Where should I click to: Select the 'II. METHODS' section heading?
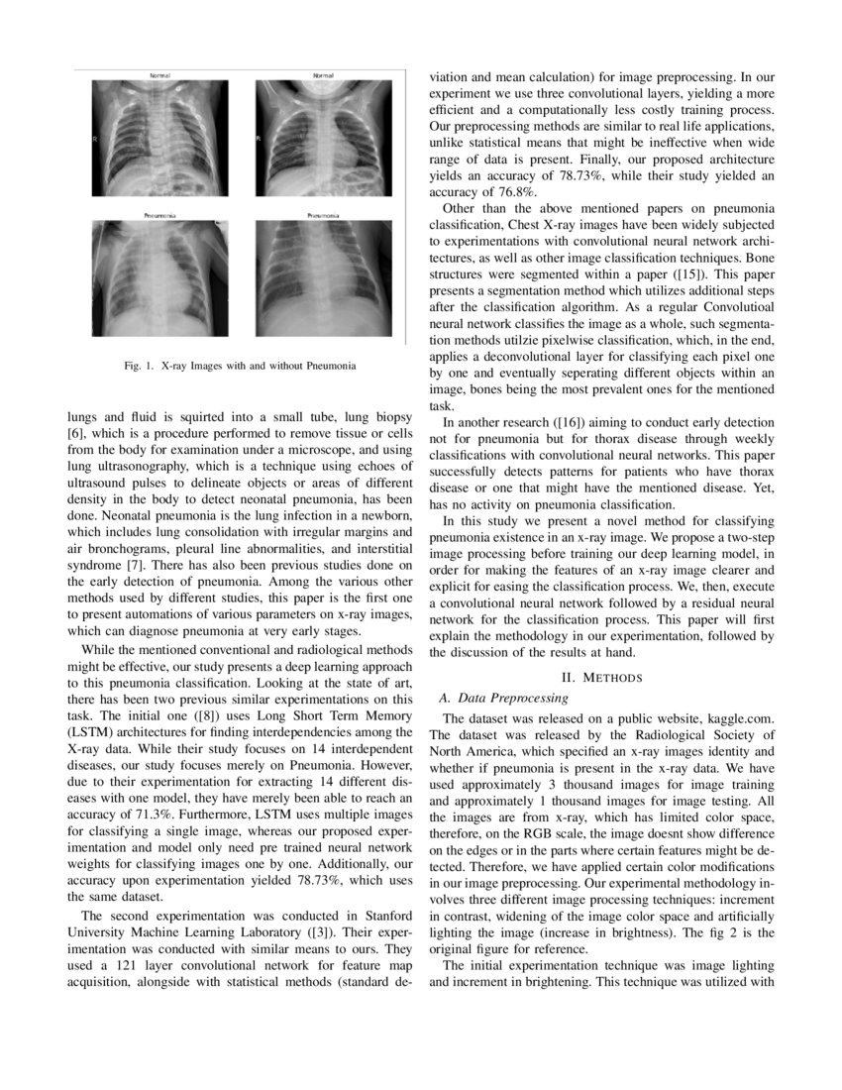[602, 678]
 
